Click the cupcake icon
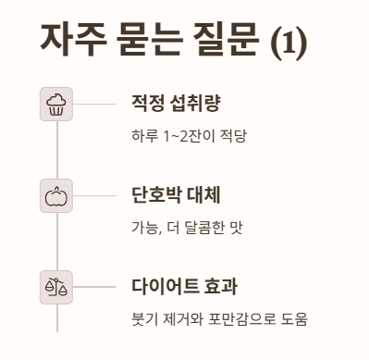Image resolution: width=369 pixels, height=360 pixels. tap(56, 105)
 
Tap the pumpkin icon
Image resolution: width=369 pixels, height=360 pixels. tap(56, 195)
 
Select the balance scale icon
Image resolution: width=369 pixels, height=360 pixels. tap(56, 286)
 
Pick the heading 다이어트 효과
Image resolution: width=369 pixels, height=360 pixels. tap(185, 285)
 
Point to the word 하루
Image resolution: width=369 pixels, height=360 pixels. tap(144, 136)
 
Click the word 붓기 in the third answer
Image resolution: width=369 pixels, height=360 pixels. tap(144, 318)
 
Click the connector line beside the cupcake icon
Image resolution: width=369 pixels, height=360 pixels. tap(95, 105)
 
